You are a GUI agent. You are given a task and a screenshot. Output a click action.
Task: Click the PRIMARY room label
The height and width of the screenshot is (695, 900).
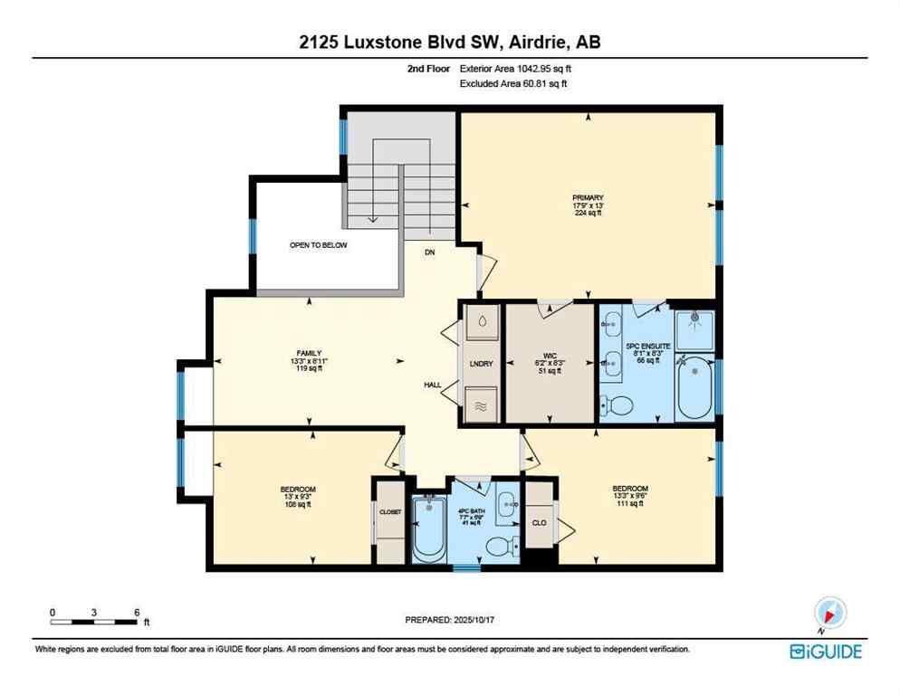587,198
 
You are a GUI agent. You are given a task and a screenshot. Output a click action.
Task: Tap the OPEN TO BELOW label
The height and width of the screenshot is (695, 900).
318,245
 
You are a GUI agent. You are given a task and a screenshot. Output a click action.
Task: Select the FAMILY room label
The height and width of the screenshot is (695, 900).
309,353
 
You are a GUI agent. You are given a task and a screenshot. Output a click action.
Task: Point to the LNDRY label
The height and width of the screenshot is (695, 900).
480,364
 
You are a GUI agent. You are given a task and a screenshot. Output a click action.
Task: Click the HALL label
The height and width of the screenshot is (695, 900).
433,385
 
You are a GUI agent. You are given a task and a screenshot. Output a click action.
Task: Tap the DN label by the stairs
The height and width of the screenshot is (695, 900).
430,253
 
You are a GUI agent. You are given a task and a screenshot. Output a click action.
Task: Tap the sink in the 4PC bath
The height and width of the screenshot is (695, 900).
505,500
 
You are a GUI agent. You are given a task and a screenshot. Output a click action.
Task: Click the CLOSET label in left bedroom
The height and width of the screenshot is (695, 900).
389,512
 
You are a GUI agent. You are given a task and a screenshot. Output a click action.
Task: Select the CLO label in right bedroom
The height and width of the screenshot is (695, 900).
538,522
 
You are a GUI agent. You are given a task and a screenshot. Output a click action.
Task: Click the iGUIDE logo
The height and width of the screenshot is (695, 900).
825,651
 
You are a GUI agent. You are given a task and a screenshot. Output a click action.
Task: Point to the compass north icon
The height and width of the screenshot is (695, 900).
829,614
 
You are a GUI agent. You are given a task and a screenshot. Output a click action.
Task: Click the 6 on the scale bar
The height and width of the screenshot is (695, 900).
136,612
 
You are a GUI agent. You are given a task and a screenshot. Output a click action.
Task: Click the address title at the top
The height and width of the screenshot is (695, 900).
449,41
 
